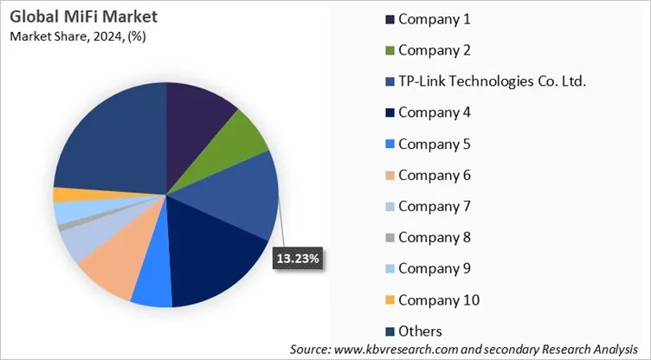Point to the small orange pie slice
[66, 195]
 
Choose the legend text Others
[421, 331]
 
